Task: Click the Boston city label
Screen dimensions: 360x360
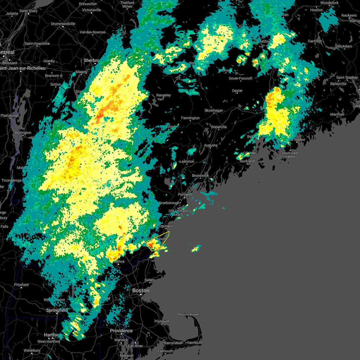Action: click(x=141, y=290)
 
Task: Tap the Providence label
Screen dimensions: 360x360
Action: click(x=121, y=331)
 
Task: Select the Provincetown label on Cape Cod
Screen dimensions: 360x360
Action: click(x=188, y=314)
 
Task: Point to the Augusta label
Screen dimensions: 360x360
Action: click(x=211, y=145)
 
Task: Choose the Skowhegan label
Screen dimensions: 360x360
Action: click(x=214, y=110)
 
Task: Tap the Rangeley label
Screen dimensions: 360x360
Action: click(x=163, y=95)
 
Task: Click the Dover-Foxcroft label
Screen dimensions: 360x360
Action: click(x=241, y=78)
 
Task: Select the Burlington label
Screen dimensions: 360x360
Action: click(x=23, y=133)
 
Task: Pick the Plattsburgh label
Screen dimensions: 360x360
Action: click(x=10, y=115)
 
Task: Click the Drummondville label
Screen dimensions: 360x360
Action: click(x=63, y=24)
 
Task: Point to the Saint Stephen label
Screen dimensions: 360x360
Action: click(x=347, y=77)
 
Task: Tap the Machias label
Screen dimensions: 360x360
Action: click(x=337, y=114)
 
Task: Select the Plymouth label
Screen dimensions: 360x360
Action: click(x=162, y=321)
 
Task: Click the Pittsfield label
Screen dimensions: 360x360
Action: click(x=21, y=285)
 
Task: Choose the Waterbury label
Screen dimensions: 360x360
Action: click(x=32, y=350)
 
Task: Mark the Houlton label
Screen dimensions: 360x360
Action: click(x=316, y=10)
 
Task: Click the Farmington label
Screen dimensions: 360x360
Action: click(x=190, y=118)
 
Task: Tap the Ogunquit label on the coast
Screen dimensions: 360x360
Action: click(x=166, y=226)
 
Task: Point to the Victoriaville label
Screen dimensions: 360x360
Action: click(x=91, y=10)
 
